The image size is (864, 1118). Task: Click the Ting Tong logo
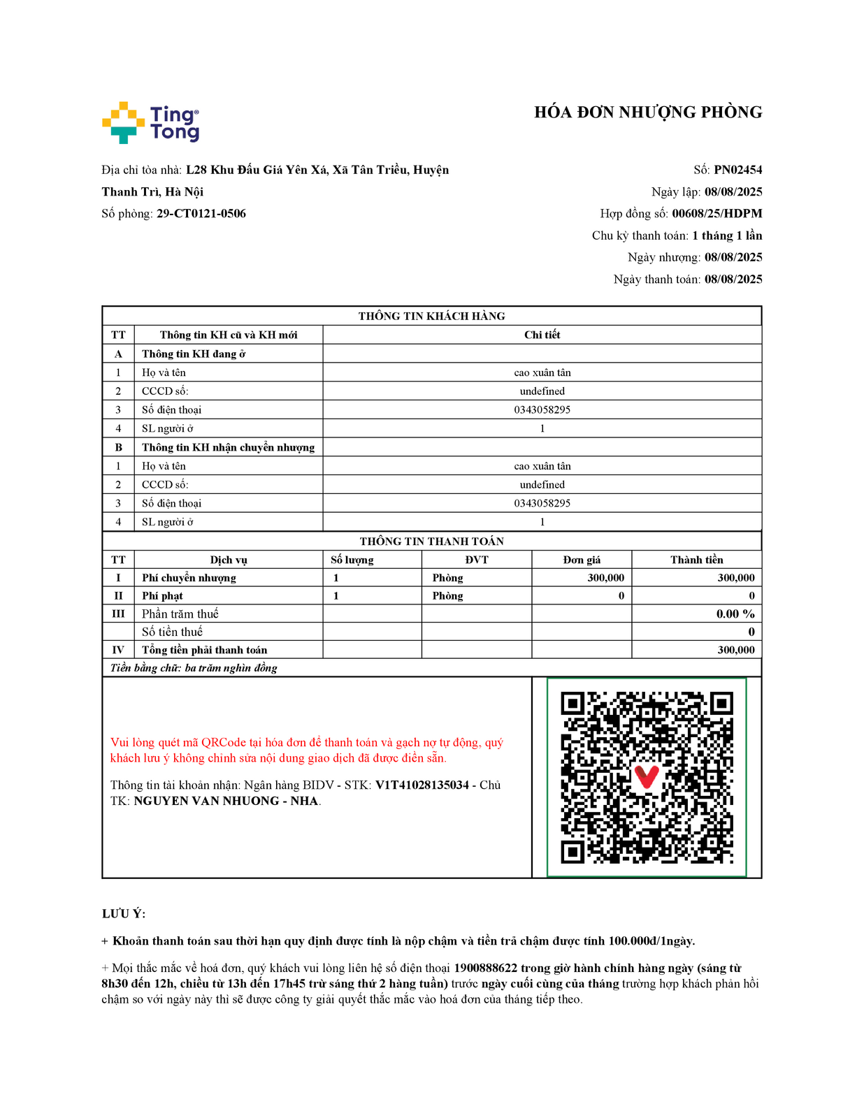[x=151, y=123]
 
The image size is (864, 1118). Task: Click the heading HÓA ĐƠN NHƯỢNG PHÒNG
[x=647, y=112]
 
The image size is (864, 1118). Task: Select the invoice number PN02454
[x=737, y=170]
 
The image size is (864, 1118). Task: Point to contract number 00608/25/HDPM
[x=717, y=214]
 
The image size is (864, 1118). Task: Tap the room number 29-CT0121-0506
[x=201, y=214]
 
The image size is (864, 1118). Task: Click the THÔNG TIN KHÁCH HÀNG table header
[x=431, y=316]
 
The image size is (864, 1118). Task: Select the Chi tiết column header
[x=542, y=335]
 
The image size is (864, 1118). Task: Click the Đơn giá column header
[x=582, y=560]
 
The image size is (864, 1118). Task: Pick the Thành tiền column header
[x=696, y=560]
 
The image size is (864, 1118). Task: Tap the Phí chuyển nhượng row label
[x=189, y=578]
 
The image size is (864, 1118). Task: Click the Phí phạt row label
[x=162, y=596]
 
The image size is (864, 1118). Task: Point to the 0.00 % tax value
[x=735, y=614]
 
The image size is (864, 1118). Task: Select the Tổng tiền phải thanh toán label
[x=204, y=650]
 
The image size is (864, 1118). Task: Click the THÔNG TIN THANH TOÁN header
[x=431, y=542]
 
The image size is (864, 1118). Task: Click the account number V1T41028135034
[x=422, y=785]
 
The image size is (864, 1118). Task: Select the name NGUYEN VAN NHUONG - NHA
[x=226, y=801]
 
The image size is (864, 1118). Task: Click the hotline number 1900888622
[x=485, y=968]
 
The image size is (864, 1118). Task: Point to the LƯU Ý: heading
[x=124, y=914]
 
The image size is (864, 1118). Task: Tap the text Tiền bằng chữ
[x=145, y=668]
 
